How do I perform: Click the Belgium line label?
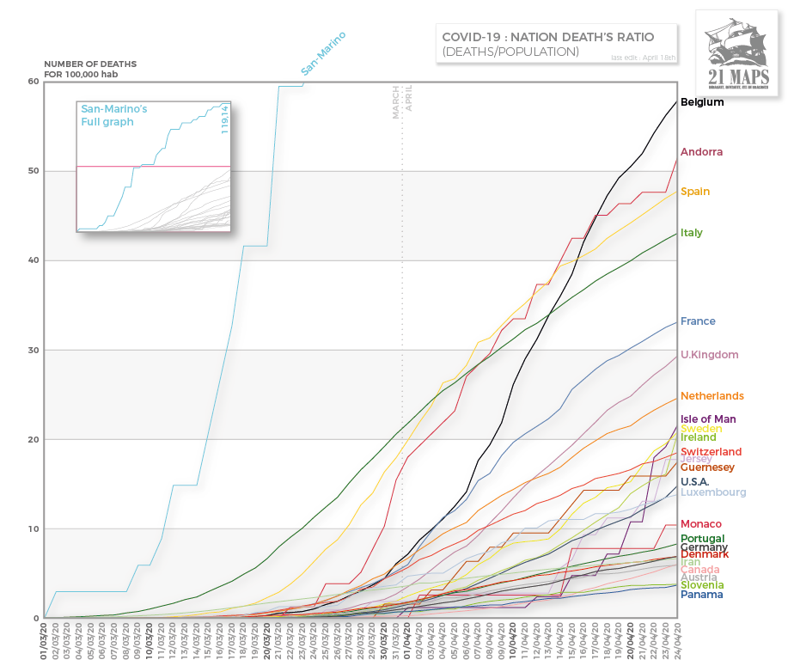coord(702,102)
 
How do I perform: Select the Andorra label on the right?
coord(701,152)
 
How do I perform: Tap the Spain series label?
coord(695,192)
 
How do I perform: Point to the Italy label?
coord(692,233)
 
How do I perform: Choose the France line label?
coord(698,321)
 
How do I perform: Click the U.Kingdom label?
coord(709,355)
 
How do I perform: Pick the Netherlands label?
coord(712,396)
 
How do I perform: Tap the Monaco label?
coord(700,524)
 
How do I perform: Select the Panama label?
coord(701,595)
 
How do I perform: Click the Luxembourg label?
coord(713,492)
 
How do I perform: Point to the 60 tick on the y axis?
coord(34,82)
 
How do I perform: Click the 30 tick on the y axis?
coord(34,350)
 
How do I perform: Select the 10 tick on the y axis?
coord(34,528)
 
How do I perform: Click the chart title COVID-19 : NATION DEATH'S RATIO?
coord(547,37)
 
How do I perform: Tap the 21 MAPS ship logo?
coord(738,53)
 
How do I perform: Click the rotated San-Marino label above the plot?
coord(324,54)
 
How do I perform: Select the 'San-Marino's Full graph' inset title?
coord(114,116)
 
